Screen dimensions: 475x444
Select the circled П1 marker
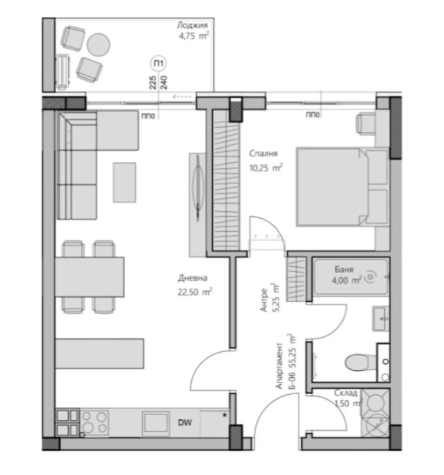(159, 64)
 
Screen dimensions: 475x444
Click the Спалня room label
(262, 154)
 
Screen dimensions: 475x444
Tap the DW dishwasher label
(184, 423)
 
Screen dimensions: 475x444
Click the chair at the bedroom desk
(364, 122)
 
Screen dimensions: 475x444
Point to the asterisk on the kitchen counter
(224, 412)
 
